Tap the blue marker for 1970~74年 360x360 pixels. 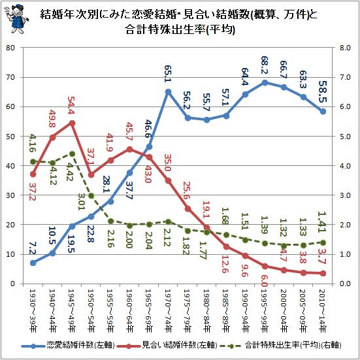168,91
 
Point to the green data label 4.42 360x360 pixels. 71,169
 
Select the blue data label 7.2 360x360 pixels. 33,248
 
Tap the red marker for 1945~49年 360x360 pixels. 71,123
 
